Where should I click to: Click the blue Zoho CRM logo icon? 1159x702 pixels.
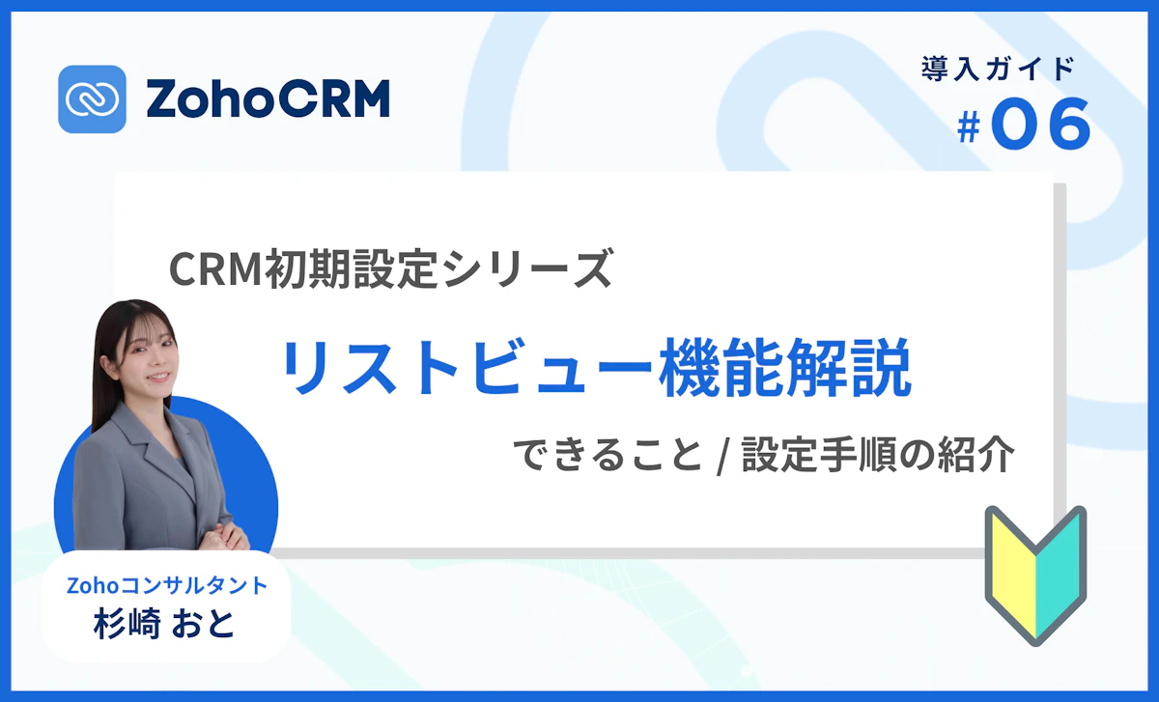coord(92,98)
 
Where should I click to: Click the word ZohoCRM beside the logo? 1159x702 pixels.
coord(269,99)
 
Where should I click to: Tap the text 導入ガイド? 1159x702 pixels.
coord(998,70)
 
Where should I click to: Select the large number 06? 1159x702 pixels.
coord(1040,126)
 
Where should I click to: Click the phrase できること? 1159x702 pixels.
coord(608,455)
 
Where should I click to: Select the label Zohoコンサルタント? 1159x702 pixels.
coord(166,585)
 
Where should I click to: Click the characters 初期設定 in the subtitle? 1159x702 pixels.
coord(349,268)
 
